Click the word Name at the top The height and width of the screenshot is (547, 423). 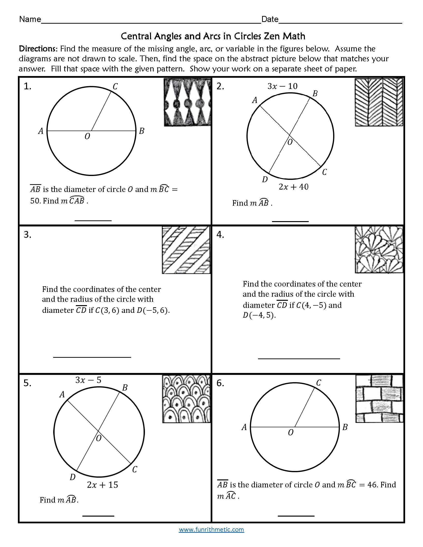30,19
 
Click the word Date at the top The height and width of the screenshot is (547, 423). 270,19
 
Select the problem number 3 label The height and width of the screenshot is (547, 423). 27,235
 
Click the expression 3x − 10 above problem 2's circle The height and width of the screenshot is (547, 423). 282,86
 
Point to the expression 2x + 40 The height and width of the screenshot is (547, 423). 294,187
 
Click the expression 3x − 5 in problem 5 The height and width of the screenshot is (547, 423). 88,380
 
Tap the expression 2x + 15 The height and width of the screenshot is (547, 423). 102,485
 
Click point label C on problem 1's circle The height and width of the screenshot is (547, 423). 115,86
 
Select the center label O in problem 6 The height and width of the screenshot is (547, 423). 290,433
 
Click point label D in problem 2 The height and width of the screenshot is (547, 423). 265,179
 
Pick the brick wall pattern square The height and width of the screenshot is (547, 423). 379,399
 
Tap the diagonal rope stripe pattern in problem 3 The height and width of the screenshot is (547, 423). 186,250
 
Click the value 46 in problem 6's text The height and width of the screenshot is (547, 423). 372,485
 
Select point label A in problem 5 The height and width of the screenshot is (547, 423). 62,395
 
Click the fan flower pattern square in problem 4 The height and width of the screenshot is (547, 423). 379,249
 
